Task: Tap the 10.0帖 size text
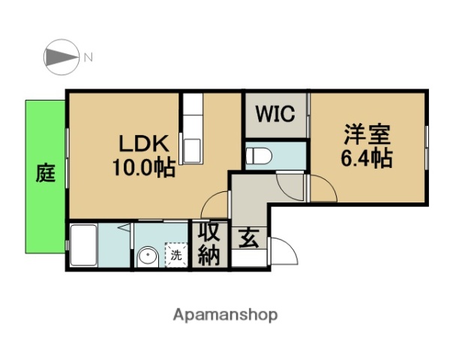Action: (143, 166)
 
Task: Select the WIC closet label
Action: (275, 115)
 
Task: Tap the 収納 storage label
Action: (208, 244)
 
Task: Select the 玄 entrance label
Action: (248, 239)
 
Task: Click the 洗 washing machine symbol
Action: (175, 254)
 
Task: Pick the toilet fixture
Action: (259, 156)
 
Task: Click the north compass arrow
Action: (61, 56)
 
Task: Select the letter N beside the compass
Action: (88, 56)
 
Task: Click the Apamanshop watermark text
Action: (225, 315)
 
